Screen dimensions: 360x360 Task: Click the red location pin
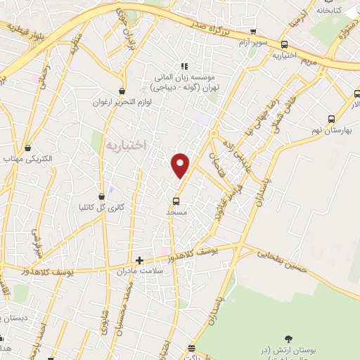(x=181, y=165)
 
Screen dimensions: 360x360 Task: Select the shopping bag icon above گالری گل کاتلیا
(x=103, y=196)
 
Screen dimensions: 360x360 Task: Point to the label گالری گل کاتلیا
(x=104, y=208)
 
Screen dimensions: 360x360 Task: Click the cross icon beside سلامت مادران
(x=139, y=260)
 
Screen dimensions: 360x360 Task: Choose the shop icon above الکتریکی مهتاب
(x=27, y=148)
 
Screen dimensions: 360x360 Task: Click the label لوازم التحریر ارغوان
(x=122, y=103)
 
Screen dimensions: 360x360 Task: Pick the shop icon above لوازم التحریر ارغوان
(x=122, y=91)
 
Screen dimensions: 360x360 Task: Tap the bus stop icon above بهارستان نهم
(x=330, y=119)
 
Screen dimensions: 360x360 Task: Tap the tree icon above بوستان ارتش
(x=287, y=337)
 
